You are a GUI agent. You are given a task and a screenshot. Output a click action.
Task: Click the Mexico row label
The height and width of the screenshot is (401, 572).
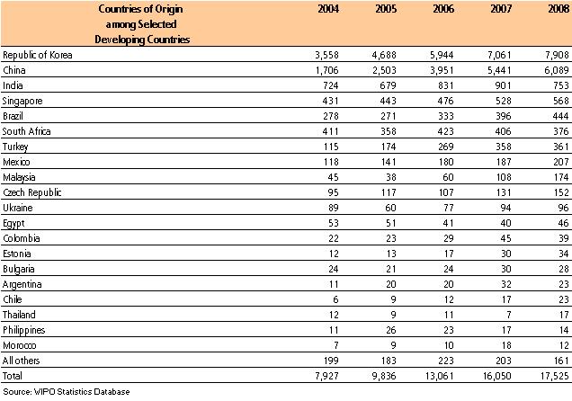coord(20,168)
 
